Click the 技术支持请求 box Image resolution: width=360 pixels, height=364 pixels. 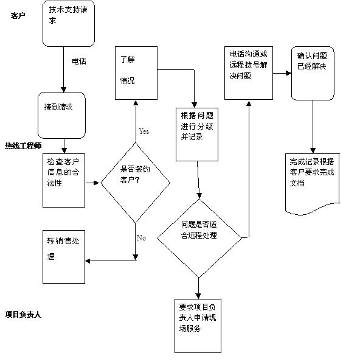tap(69, 24)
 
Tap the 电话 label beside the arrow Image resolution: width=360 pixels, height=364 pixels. tap(79, 61)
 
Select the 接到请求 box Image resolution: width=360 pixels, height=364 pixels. tap(61, 116)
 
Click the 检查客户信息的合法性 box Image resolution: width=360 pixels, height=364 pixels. tap(64, 180)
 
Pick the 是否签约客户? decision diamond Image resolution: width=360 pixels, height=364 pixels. tap(135, 183)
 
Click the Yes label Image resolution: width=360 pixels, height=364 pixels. tap(144, 131)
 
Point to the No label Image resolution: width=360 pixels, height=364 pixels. tap(141, 238)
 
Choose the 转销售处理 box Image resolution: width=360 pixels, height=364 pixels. tap(64, 257)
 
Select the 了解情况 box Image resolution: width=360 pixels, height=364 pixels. tap(136, 73)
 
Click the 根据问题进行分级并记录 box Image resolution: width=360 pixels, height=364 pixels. tap(197, 135)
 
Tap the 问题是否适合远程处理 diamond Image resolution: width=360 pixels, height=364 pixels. tap(199, 238)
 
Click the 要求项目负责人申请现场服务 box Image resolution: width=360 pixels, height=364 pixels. tap(198, 326)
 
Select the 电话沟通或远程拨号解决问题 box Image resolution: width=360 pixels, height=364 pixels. tap(249, 73)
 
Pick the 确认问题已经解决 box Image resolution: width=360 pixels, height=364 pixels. tap(313, 74)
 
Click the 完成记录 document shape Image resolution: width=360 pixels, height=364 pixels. tap(313, 184)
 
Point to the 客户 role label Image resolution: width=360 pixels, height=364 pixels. tap(18, 16)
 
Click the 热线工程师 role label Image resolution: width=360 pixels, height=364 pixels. tap(23, 146)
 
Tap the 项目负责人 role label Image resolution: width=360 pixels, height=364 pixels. tap(23, 315)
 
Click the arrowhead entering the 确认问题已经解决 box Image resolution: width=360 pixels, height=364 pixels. tap(289, 74)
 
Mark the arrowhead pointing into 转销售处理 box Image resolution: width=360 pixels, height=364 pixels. tap(88, 261)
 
